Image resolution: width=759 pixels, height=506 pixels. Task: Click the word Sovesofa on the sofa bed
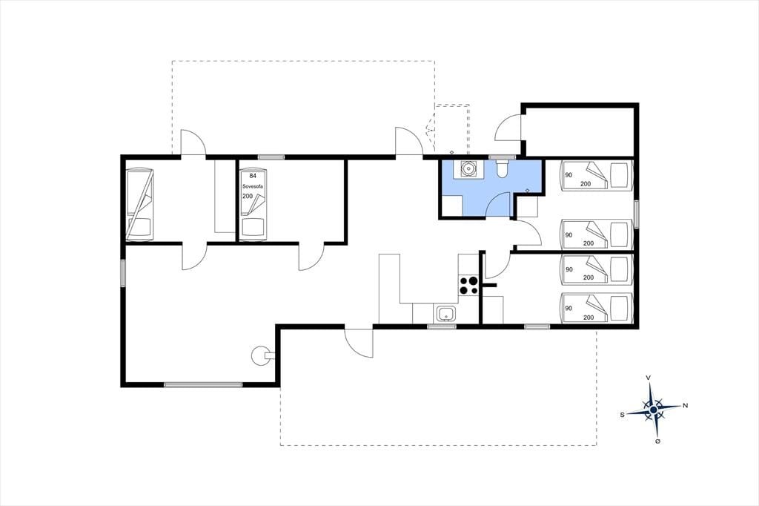pos(253,186)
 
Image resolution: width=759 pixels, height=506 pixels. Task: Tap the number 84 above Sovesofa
pos(253,175)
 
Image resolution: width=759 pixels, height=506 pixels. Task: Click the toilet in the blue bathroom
pos(502,168)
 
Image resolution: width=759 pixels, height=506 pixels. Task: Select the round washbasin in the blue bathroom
pos(468,168)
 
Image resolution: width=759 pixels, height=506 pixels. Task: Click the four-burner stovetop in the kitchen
pos(468,285)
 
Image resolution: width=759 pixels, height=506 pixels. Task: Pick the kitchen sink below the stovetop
pos(445,313)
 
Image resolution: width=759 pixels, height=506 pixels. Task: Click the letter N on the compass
pos(685,406)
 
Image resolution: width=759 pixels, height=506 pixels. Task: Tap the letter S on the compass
pos(622,415)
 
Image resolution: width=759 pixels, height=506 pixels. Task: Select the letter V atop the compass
pos(648,378)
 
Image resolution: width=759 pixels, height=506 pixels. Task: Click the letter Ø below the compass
pos(658,441)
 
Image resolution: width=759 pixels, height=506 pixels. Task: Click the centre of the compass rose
pos(654,410)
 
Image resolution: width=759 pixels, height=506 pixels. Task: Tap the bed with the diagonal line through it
pos(139,204)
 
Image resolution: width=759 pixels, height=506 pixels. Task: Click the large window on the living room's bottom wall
pos(203,385)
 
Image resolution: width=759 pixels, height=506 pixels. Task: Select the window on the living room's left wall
pos(123,273)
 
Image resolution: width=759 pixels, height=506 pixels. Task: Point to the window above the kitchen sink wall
pos(442,327)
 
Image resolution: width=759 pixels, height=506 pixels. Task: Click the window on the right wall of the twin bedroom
pos(636,214)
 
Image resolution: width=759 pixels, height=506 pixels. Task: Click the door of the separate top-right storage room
pos(508,127)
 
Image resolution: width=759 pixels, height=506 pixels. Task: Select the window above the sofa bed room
pos(271,157)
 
